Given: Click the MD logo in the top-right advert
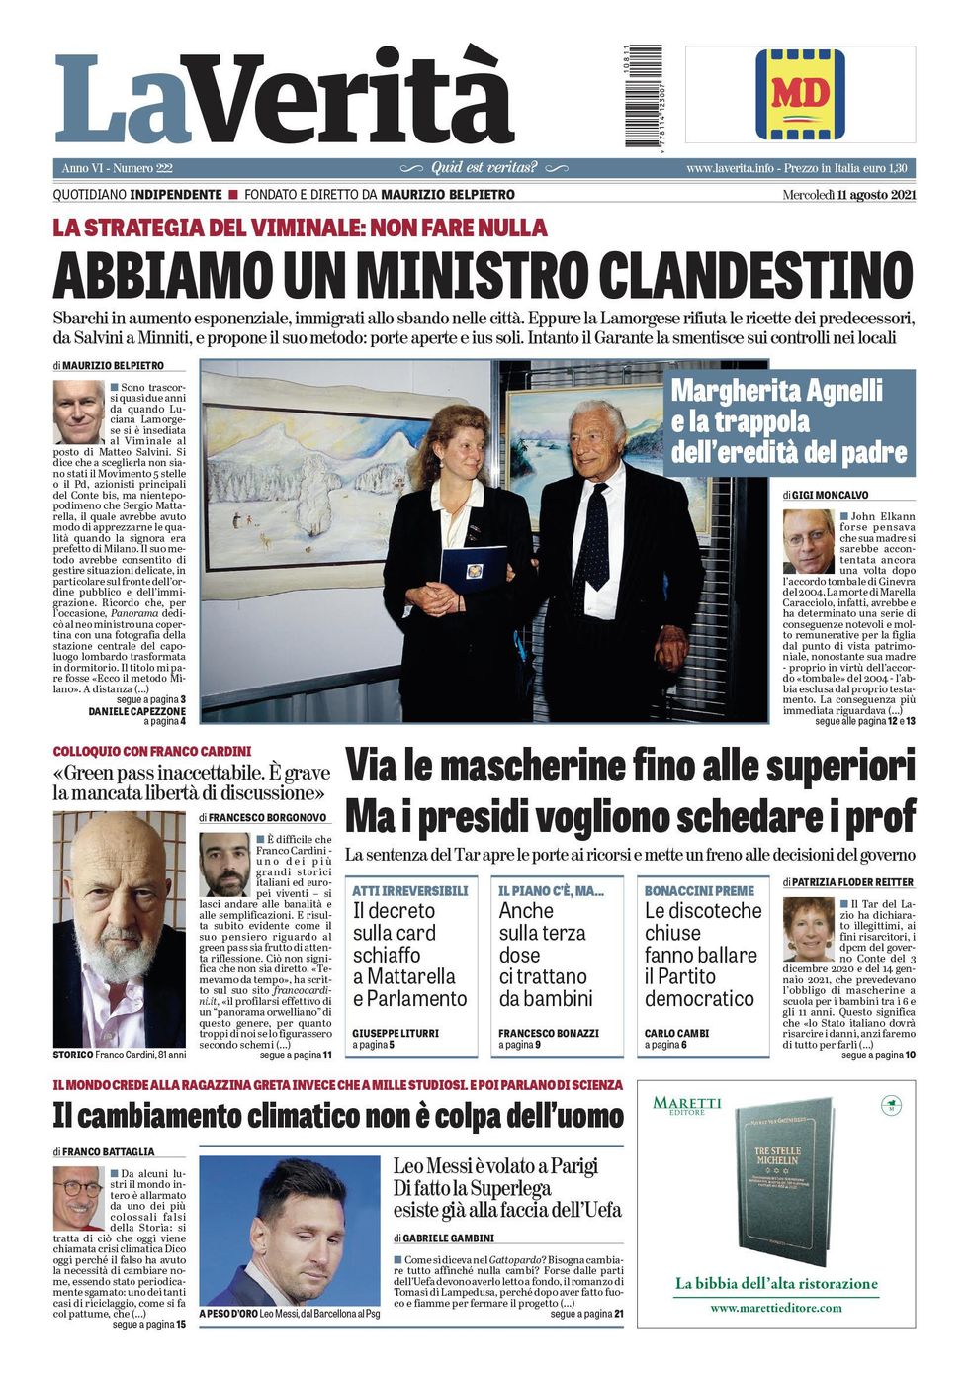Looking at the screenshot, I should (801, 94).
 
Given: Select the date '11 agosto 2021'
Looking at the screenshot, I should (876, 195).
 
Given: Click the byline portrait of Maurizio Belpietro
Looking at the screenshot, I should (78, 412).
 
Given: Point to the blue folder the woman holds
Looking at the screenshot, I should (473, 568).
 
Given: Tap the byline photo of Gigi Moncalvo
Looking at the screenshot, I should (808, 541).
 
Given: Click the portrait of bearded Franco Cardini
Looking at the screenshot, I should (119, 929).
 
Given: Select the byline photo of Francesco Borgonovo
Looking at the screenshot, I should (224, 865).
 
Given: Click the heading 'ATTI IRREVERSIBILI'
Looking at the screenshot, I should (410, 891).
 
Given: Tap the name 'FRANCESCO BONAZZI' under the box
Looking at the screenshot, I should (548, 1033).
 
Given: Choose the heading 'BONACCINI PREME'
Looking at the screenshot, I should (699, 891).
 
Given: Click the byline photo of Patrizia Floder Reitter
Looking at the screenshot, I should (808, 929).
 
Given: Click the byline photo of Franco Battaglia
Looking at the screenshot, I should (78, 1198).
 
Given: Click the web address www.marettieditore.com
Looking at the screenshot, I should (776, 1307).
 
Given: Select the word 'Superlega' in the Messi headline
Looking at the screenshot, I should (509, 1188).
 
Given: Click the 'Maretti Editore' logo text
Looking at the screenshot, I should (687, 1104).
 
